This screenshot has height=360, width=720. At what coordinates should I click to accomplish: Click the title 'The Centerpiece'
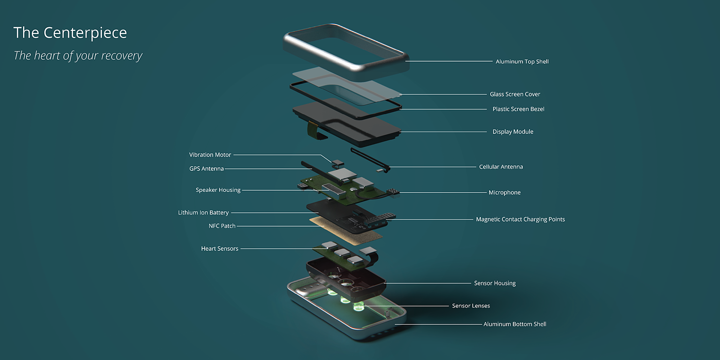70,33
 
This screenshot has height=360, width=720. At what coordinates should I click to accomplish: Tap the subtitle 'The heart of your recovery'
78,56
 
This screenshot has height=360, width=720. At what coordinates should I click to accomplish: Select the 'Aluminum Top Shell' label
522,62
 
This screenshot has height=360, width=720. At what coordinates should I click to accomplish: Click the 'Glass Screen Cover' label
515,94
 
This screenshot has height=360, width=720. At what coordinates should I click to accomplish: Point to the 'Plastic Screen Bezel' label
518,109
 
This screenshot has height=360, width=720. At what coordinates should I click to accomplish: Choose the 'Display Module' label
513,132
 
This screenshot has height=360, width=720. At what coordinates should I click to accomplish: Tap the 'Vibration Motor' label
210,155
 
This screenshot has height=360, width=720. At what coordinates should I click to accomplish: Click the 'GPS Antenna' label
206,169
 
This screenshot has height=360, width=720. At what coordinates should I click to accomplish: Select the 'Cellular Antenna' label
501,167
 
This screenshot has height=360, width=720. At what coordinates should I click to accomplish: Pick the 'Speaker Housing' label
218,190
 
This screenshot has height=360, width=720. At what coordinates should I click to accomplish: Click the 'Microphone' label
505,192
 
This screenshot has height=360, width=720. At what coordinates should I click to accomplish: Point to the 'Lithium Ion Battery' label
203,213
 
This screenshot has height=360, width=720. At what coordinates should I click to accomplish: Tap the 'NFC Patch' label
222,226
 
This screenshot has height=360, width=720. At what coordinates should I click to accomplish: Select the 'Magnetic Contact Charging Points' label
520,220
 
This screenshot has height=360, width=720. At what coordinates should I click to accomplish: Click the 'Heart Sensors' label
220,249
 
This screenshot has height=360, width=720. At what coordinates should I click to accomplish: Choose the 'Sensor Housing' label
495,283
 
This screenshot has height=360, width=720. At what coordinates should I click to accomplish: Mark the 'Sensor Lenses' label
471,306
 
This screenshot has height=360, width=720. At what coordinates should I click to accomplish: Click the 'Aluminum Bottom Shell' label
515,325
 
